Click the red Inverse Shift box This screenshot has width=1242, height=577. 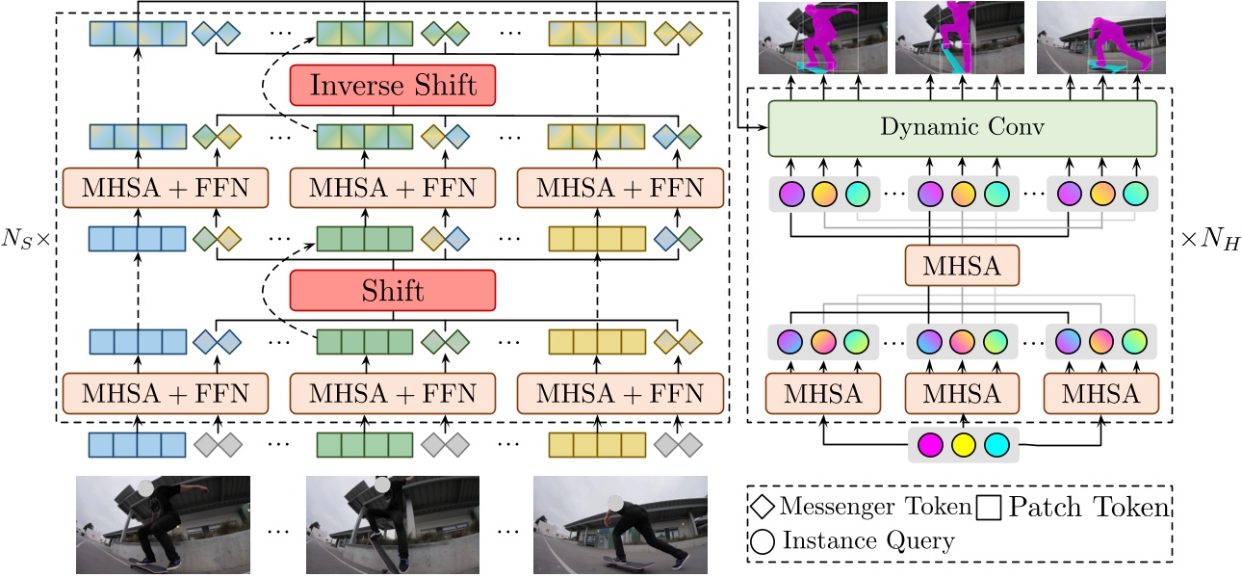click(392, 86)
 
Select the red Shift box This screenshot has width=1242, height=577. click(392, 290)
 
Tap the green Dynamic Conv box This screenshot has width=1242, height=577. click(961, 128)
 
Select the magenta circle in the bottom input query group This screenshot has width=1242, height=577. click(930, 446)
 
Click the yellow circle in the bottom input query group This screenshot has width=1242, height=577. click(964, 446)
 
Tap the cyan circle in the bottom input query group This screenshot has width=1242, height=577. click(996, 446)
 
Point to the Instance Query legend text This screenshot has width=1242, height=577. click(868, 541)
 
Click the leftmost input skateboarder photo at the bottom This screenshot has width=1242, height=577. click(163, 524)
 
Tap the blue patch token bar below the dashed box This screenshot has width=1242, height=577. click(137, 445)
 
